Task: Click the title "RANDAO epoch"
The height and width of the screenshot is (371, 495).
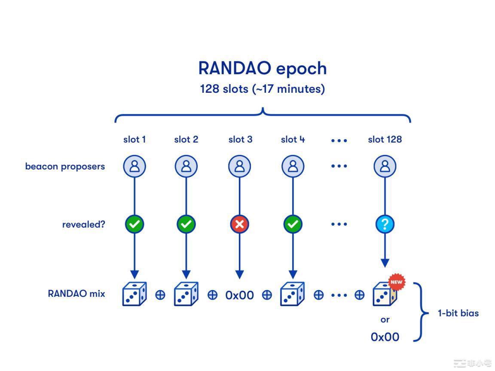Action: click(263, 68)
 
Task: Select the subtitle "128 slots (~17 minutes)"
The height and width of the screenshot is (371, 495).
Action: click(263, 89)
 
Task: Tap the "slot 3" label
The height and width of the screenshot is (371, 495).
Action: click(240, 140)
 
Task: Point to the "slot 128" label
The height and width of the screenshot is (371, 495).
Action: click(385, 140)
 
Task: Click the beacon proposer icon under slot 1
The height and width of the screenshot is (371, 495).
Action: click(134, 166)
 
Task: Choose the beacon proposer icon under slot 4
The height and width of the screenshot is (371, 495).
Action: click(293, 166)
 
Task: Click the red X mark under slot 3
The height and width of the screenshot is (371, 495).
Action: click(240, 224)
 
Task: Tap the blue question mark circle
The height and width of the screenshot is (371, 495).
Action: click(385, 224)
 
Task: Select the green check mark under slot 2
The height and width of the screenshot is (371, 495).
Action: click(186, 224)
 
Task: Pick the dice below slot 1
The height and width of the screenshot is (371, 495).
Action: click(134, 294)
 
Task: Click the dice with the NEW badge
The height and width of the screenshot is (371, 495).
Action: click(384, 294)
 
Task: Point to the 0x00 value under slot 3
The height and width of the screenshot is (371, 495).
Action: click(239, 295)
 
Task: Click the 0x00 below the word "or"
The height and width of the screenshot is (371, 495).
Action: click(385, 337)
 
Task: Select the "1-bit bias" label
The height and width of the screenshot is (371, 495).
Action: click(458, 313)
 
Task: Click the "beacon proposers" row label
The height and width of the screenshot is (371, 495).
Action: click(65, 167)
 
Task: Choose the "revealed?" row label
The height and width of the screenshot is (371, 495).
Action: click(83, 224)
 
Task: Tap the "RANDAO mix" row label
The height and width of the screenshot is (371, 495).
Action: click(76, 294)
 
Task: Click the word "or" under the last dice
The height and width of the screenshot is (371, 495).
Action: click(385, 319)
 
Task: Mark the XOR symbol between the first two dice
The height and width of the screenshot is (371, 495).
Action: click(160, 295)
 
